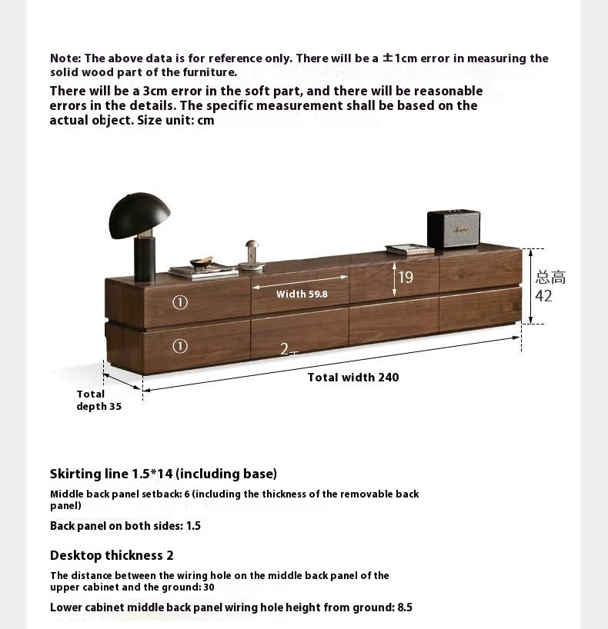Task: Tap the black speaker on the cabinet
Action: (453, 228)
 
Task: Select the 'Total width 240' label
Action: (353, 378)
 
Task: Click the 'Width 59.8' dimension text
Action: (302, 294)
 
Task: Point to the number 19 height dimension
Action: (406, 278)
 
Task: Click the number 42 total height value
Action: (543, 296)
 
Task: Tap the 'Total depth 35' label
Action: (99, 400)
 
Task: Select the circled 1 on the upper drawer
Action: (180, 302)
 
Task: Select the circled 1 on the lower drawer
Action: (180, 346)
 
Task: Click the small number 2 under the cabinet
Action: (285, 349)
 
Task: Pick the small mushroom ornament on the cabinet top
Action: (252, 255)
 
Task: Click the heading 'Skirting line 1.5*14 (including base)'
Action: (163, 474)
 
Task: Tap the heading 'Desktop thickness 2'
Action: (112, 555)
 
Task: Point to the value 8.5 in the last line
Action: (405, 607)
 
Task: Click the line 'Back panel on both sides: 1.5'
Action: (125, 526)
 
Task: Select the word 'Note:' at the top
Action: (65, 58)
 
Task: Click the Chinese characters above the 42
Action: (550, 277)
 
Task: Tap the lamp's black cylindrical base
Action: (144, 258)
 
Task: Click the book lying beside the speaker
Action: (409, 249)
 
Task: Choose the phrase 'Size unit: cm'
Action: (175, 120)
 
